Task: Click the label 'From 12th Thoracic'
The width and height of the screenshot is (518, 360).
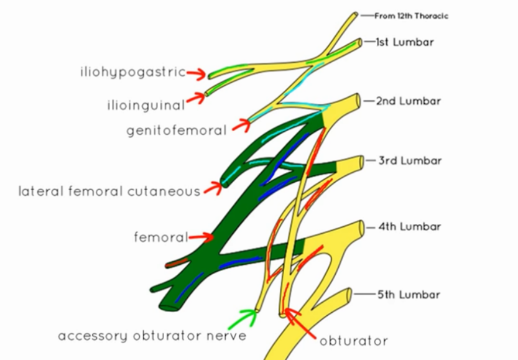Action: [411, 16]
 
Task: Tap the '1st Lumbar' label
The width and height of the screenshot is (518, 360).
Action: [405, 42]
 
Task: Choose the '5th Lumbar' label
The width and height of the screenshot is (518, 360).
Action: [409, 294]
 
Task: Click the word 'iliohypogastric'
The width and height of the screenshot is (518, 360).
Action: [132, 72]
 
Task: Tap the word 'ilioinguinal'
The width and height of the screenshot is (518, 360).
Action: [146, 105]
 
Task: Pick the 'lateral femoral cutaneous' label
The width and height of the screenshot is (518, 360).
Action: [109, 191]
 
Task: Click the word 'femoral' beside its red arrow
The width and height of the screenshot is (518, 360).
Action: [160, 237]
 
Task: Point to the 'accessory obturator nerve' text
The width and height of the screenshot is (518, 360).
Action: [152, 336]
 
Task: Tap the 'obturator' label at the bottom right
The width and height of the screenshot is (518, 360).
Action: [353, 341]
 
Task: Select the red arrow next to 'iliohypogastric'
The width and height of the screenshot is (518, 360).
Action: [197, 74]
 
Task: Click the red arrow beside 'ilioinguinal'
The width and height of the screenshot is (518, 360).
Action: [196, 98]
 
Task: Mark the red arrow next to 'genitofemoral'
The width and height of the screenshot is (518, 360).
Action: [241, 126]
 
